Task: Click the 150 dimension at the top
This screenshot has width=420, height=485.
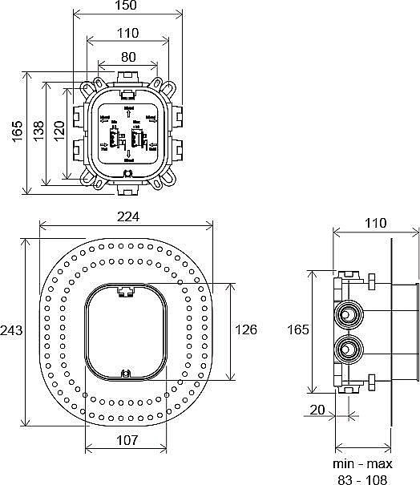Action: tap(123, 6)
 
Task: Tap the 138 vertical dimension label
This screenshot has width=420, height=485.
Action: tap(38, 133)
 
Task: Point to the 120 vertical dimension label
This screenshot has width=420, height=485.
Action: tap(58, 133)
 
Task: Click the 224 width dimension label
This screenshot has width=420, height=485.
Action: tap(127, 216)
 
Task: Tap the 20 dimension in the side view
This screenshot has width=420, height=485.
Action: tap(317, 410)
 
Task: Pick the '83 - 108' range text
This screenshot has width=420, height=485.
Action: tap(364, 478)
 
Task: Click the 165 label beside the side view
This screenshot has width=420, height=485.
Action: tap(297, 331)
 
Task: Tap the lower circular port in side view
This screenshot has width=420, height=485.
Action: tap(347, 349)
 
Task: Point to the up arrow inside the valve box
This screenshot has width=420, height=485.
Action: tap(128, 115)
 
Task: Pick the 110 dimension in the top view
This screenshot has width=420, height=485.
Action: tap(123, 33)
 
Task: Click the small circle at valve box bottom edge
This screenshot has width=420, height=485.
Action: tap(128, 172)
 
